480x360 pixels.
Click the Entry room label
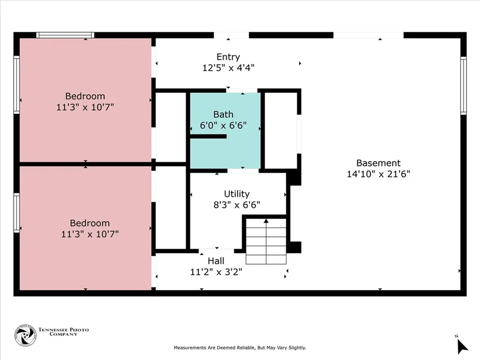click(228, 57)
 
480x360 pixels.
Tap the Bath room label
click(223, 114)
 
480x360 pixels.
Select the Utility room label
click(237, 194)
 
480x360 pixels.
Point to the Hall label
click(216, 261)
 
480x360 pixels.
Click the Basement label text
click(378, 163)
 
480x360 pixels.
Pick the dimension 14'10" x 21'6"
click(378, 174)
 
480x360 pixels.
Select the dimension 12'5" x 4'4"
click(228, 67)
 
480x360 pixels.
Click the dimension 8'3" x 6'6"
click(237, 204)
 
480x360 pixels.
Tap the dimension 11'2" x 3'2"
click(216, 271)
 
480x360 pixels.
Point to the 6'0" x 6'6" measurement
click(223, 126)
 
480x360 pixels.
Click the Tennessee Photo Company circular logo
click(25, 335)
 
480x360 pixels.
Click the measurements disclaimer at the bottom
click(240, 348)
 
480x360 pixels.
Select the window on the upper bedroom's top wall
click(65, 35)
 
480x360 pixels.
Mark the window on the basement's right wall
click(463, 85)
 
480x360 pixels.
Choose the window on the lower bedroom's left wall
click(17, 213)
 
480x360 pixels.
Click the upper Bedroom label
click(85, 97)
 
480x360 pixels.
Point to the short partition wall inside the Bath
click(208, 136)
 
